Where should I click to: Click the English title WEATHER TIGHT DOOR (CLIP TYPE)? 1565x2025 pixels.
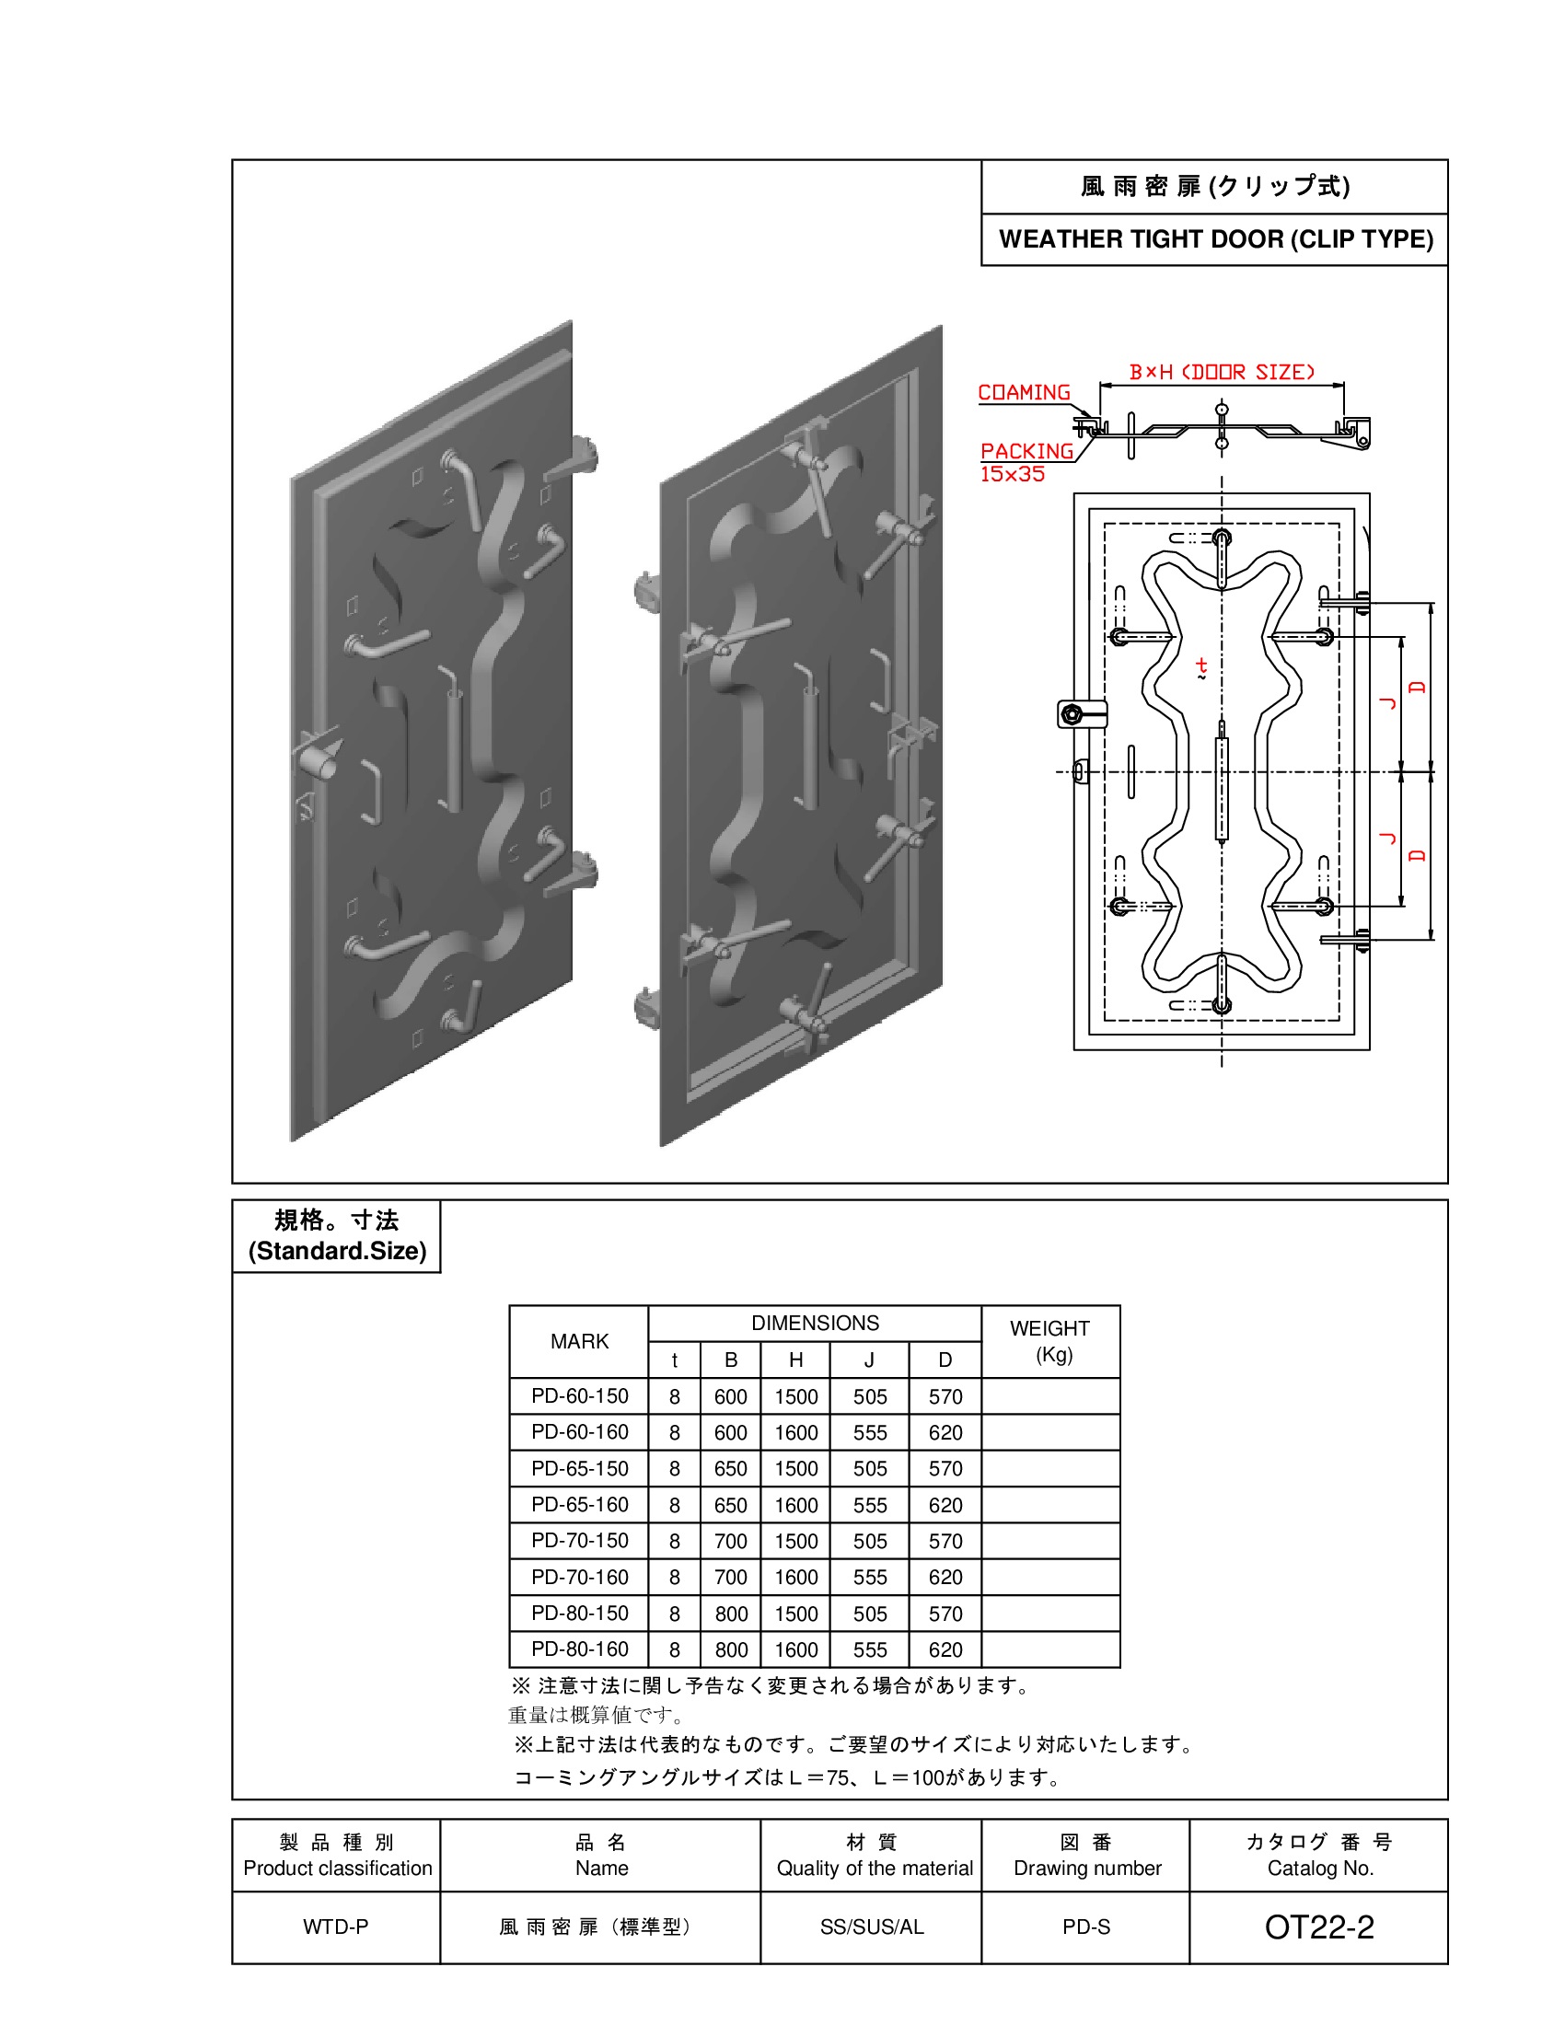(1215, 239)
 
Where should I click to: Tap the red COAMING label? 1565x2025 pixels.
(1024, 392)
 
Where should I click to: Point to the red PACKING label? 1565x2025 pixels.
(1026, 451)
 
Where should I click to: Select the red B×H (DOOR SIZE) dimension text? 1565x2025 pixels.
(1221, 372)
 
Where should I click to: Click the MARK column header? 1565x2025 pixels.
(579, 1341)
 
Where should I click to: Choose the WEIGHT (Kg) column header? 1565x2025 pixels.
(1049, 1341)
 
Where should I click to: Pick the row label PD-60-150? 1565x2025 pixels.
(579, 1395)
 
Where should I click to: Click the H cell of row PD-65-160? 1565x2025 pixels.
(795, 1505)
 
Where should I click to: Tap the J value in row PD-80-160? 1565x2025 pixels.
(870, 1649)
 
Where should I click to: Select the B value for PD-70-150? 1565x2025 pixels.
(731, 1541)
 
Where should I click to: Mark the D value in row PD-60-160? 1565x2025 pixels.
(945, 1432)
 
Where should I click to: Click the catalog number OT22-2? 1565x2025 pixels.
(1318, 1927)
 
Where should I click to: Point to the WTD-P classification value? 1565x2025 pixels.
(336, 1927)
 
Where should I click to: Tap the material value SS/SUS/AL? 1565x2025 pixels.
(872, 1927)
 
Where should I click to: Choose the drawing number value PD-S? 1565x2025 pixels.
(1085, 1927)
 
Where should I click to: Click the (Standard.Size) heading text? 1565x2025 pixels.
(337, 1251)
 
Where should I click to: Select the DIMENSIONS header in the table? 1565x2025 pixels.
(815, 1323)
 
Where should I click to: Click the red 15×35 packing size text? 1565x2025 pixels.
(1013, 474)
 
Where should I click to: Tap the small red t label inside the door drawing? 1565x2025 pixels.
(1201, 665)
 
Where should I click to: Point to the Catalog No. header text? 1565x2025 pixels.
(1320, 1869)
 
